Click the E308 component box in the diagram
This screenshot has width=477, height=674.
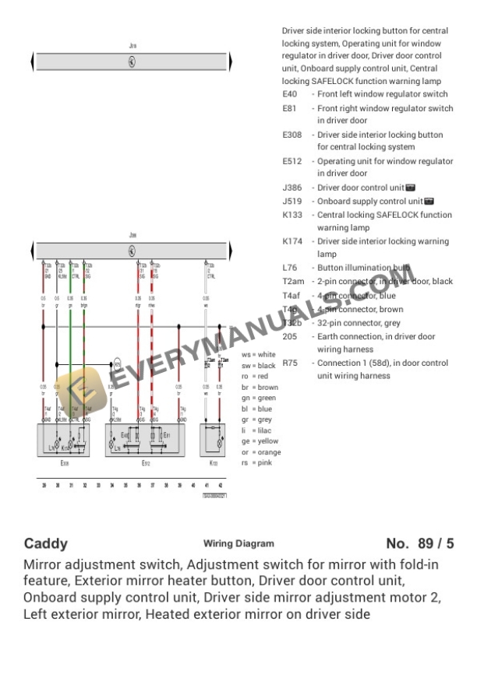click(63, 440)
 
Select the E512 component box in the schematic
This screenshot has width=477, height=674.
click(145, 440)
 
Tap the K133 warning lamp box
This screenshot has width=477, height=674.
click(215, 440)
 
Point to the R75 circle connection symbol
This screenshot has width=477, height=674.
click(117, 364)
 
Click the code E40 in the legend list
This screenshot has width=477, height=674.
click(290, 94)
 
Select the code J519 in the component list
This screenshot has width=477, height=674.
click(292, 201)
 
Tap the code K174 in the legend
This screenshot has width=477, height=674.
click(293, 241)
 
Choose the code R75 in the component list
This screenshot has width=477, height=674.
click(291, 363)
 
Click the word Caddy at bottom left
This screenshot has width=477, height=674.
click(46, 543)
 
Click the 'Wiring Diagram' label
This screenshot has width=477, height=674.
click(238, 544)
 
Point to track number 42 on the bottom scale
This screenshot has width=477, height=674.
click(221, 485)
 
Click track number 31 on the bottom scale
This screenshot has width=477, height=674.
click(71, 485)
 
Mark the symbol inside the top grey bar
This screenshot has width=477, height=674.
click(132, 61)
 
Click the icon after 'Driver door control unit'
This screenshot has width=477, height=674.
click(411, 188)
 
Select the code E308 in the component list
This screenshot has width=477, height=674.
click(292, 135)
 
